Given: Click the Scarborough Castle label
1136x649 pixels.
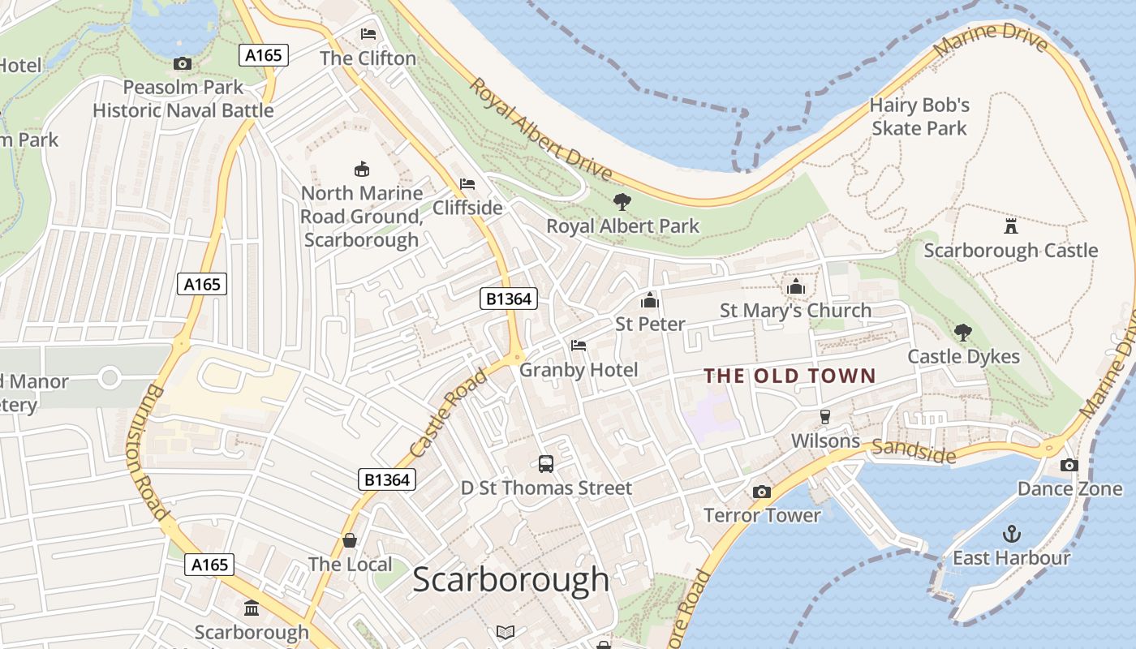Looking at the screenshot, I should tap(1010, 251).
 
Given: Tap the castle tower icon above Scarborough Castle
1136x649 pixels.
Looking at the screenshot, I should tap(1010, 226).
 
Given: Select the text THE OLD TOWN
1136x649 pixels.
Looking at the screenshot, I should tap(789, 376).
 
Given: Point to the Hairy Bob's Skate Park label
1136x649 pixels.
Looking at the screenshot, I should tap(919, 117).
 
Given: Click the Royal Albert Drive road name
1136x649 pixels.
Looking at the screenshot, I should tap(540, 130).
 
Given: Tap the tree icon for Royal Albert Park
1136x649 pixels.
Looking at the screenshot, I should tap(622, 201).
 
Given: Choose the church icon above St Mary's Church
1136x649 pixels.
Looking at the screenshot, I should tap(795, 287).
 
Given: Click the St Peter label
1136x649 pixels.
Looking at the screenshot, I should tap(650, 324).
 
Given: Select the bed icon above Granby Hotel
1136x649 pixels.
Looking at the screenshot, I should tap(579, 346).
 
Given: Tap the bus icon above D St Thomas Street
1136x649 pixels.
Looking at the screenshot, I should tap(546, 464).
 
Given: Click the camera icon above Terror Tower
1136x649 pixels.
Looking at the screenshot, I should tap(761, 492).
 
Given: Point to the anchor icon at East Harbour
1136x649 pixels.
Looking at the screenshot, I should tap(1011, 534).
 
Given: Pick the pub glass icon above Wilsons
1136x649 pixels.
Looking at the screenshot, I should tap(825, 417).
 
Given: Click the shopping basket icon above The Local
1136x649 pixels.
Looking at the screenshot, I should tap(350, 540).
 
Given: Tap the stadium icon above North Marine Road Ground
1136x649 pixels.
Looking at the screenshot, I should tap(362, 169).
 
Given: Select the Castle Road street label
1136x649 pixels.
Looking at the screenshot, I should tap(449, 413).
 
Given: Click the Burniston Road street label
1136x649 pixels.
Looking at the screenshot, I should tap(147, 451).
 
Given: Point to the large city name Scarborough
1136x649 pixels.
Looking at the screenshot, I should tap(510, 579).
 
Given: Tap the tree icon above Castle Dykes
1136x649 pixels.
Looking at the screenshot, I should tap(963, 332).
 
